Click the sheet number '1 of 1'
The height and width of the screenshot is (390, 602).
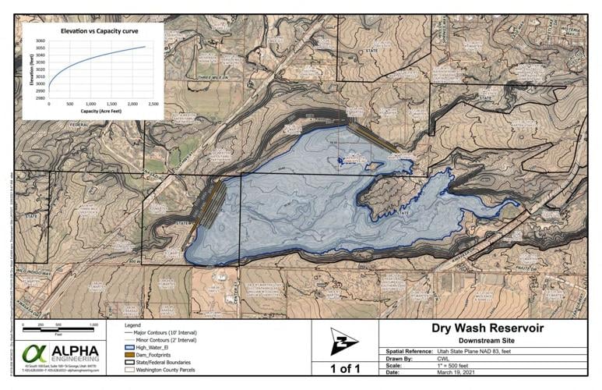tap(344, 368)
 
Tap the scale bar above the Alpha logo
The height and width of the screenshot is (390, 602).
tap(58, 324)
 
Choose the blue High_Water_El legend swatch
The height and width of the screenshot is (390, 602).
tap(130, 346)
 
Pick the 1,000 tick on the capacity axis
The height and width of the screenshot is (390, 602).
tap(91, 103)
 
